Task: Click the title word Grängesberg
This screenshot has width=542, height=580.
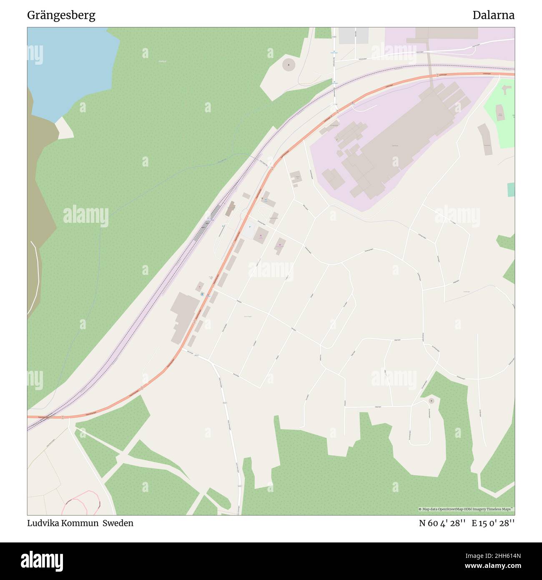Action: click(x=61, y=15)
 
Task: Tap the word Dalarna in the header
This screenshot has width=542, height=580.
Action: click(x=493, y=15)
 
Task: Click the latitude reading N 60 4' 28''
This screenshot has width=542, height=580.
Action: click(x=442, y=523)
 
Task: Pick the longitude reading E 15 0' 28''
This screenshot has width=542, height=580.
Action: click(x=493, y=523)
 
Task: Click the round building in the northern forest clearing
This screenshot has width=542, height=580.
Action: click(x=289, y=65)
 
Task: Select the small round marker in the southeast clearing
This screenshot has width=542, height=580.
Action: click(x=432, y=401)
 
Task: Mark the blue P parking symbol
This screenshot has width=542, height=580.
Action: click(x=250, y=226)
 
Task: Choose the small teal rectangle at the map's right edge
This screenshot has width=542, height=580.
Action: click(x=511, y=189)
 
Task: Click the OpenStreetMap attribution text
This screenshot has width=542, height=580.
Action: click(x=466, y=509)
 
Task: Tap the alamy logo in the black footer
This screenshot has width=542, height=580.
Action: click(x=42, y=561)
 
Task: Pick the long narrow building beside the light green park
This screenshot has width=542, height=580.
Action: click(x=485, y=139)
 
